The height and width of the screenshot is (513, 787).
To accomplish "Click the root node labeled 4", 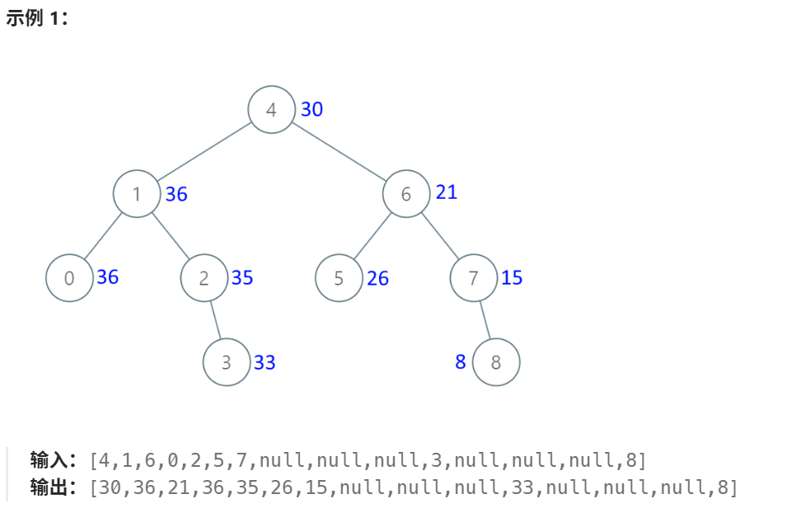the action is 271,110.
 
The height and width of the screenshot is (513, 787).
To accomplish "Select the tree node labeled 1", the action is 137,194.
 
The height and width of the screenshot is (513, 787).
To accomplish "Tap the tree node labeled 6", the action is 405,194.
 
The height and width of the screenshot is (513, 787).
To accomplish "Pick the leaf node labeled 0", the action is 69,278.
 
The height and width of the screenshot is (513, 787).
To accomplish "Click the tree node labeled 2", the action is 204,278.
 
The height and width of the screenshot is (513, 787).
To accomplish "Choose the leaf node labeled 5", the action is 339,278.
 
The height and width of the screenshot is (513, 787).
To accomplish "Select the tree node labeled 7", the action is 473,278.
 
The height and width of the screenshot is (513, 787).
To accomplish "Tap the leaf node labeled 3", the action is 227,362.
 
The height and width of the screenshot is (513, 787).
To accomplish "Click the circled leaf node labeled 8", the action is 496,362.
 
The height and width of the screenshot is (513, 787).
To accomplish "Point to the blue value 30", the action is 312,109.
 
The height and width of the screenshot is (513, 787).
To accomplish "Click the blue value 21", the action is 447,192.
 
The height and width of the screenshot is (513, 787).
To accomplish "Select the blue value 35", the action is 242,278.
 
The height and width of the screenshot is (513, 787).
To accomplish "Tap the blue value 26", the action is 377,279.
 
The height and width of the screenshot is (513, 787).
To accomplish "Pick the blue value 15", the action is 512,278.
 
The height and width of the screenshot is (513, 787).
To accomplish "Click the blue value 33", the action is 265,363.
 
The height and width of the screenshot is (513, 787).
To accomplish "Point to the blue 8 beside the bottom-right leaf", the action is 461,362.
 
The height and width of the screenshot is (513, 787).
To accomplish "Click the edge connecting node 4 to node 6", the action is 338,152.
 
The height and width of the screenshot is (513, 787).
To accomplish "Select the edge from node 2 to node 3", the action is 215,320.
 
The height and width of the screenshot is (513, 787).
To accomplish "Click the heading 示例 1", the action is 36,18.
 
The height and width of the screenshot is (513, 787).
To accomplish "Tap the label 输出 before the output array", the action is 49,487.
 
